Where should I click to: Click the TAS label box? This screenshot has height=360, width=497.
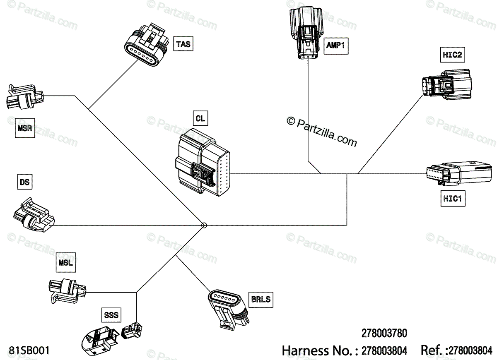(x=183, y=43)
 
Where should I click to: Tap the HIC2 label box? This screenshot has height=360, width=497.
(x=451, y=54)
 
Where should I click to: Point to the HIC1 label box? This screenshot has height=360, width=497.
(x=452, y=199)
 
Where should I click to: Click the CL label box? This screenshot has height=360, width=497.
(x=200, y=119)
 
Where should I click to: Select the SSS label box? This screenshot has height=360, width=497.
(x=111, y=315)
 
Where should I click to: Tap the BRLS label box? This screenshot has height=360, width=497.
(x=261, y=299)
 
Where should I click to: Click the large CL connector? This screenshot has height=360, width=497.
(x=203, y=162)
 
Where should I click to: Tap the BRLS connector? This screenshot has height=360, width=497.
(x=228, y=308)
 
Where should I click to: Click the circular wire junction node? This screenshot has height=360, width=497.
(x=204, y=226)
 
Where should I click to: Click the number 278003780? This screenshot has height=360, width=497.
(x=384, y=334)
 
